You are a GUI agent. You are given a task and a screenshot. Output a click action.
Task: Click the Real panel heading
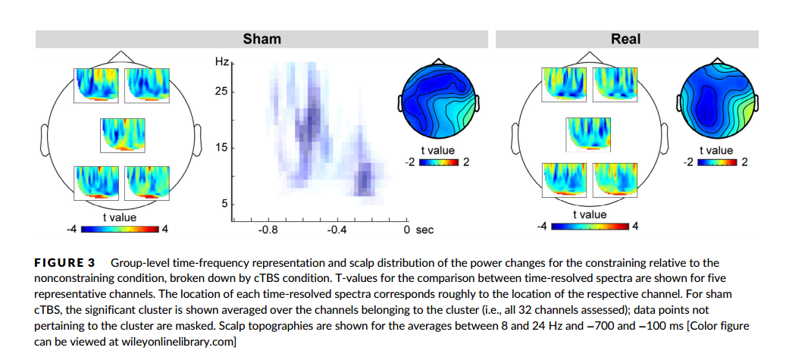[x=625, y=39]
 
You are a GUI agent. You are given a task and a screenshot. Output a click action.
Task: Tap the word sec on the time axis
[x=424, y=230]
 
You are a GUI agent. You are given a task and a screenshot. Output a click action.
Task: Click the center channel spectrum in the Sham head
[x=122, y=134]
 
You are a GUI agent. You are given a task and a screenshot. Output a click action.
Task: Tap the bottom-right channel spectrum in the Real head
[x=615, y=179]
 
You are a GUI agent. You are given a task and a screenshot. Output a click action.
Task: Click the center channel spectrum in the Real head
[x=589, y=134]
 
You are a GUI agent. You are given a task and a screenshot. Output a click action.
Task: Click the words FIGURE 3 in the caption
[x=64, y=263]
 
